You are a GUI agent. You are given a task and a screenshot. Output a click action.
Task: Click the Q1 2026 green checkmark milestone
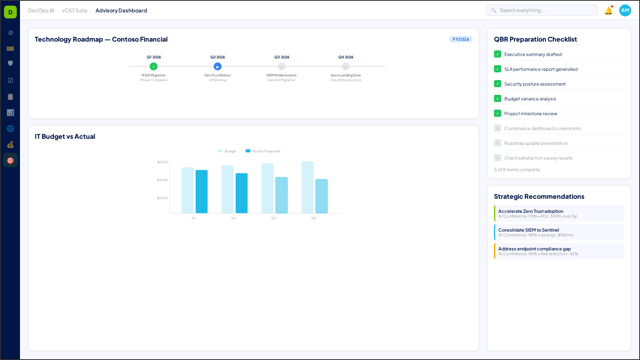154,66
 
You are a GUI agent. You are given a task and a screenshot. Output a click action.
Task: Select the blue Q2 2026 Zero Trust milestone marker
218,66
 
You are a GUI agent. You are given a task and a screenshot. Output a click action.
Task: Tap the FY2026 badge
461,39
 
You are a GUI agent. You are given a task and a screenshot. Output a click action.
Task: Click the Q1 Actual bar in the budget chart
202,192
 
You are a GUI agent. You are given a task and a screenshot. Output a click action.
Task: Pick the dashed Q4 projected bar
322,196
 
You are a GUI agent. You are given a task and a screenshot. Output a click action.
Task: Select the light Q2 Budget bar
228,189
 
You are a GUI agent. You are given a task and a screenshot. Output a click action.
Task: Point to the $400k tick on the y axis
162,180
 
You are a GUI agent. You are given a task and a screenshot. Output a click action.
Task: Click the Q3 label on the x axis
274,218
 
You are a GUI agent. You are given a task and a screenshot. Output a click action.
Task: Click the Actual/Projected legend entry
263,151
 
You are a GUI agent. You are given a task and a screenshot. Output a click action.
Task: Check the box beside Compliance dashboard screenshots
498,128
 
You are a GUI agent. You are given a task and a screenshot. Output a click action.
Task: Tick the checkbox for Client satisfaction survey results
498,158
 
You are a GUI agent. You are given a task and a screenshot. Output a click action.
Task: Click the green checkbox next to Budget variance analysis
498,99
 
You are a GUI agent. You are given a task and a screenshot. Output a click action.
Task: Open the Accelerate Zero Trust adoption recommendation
559,214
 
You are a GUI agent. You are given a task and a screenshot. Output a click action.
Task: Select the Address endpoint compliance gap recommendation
559,251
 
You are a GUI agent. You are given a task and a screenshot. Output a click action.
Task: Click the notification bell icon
608,11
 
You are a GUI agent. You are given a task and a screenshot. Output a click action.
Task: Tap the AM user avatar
625,10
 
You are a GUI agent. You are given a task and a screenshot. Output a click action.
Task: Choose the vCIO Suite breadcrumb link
75,11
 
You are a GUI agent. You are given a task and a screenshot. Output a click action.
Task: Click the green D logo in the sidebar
10,12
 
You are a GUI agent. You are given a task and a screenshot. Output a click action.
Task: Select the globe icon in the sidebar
10,129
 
